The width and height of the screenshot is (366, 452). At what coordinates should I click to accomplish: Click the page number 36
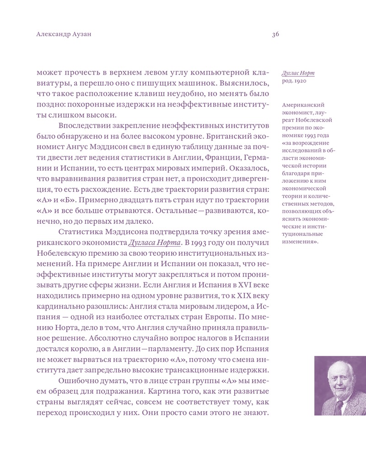pyautogui.click(x=275, y=35)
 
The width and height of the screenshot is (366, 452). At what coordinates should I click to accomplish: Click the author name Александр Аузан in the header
pyautogui.click(x=63, y=35)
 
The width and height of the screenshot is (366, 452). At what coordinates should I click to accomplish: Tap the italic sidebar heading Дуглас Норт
pyautogui.click(x=298, y=73)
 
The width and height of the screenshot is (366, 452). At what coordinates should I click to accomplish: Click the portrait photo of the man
pyautogui.click(x=340, y=385)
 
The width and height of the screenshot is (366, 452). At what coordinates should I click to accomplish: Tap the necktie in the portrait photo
pyautogui.click(x=339, y=407)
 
